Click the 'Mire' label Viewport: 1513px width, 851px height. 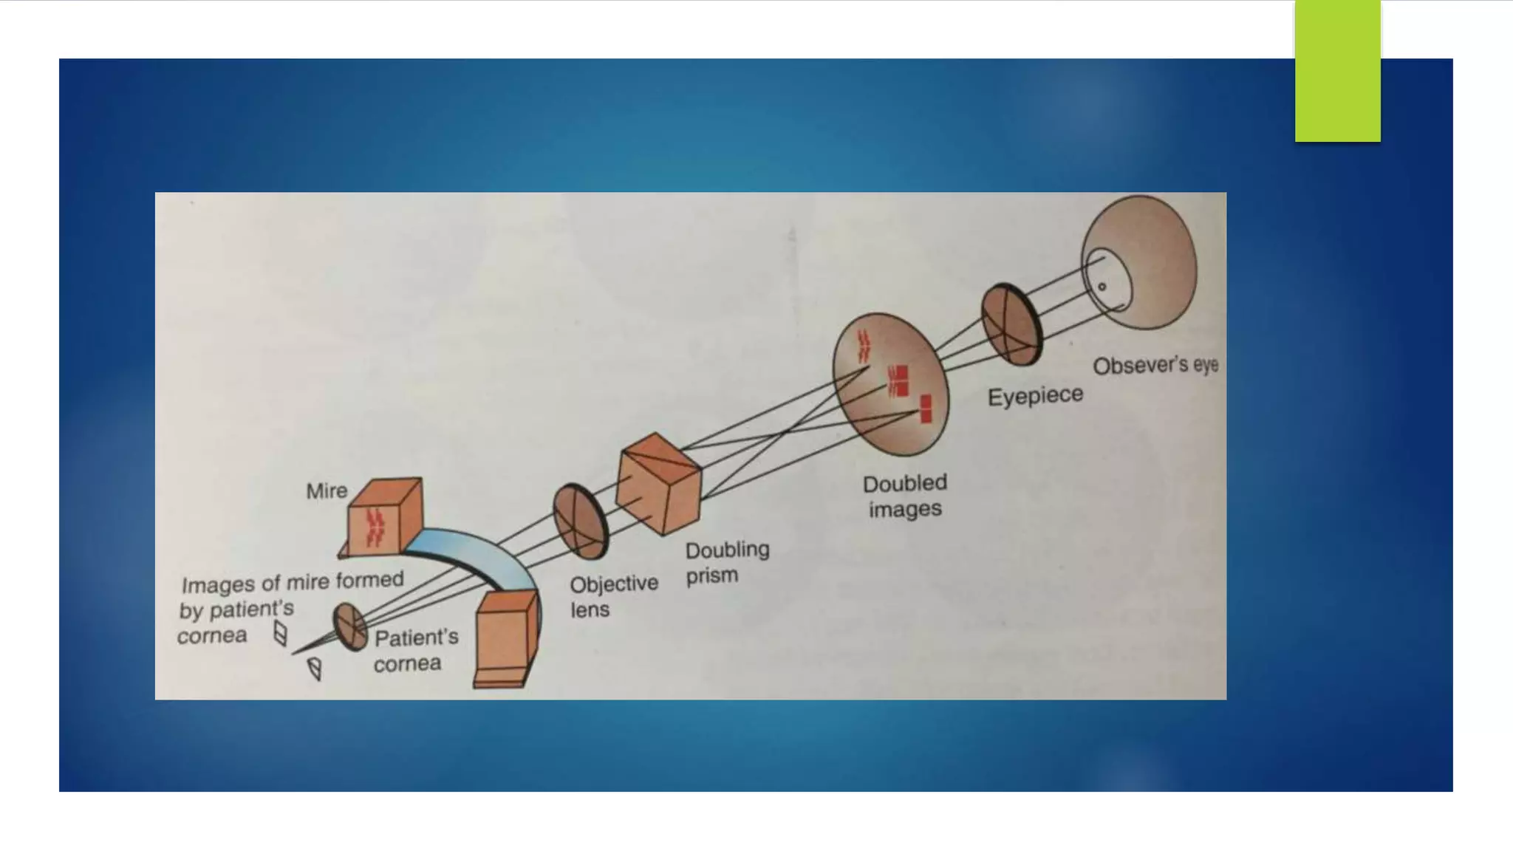coord(327,491)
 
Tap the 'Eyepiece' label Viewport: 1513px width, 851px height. coord(1035,396)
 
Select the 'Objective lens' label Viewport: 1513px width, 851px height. coord(612,596)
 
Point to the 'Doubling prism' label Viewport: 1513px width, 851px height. coord(726,562)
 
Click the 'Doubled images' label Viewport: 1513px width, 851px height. coord(904,496)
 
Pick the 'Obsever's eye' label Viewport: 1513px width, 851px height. coord(1155,366)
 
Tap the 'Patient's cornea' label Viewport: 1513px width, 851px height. coord(415,650)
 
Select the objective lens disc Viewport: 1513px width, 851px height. coord(580,521)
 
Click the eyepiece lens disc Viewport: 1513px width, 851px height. coord(1011,324)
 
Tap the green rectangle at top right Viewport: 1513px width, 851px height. coord(1337,71)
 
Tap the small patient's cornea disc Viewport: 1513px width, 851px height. coord(349,626)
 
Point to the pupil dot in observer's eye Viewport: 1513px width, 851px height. coord(1102,287)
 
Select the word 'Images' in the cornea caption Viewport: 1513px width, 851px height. coord(208,585)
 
